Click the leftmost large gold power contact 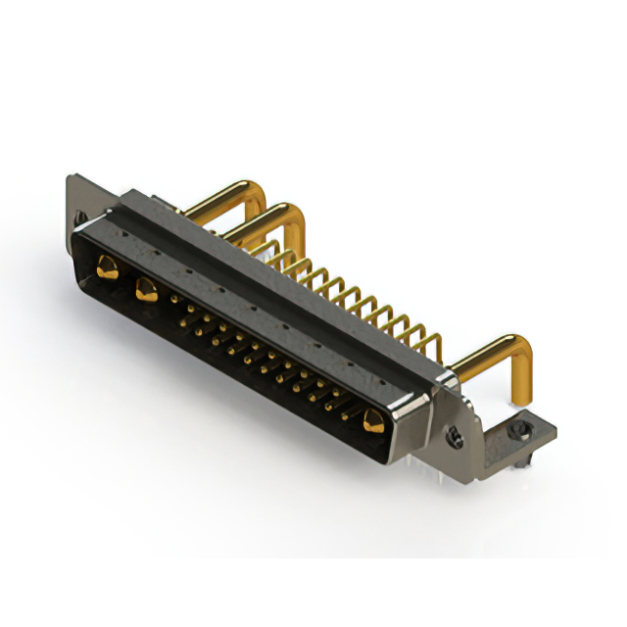104,263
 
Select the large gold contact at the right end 371,422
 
